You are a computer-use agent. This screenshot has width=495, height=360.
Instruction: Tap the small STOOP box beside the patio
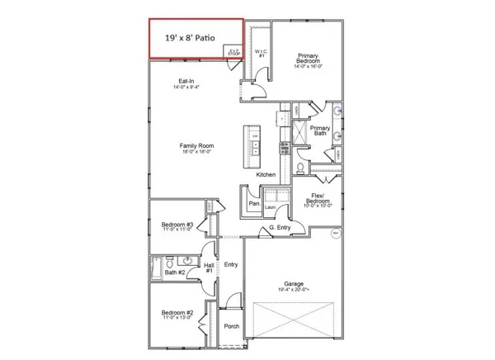pyautogui.click(x=233, y=52)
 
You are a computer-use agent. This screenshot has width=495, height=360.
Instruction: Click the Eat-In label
pyautogui.click(x=184, y=83)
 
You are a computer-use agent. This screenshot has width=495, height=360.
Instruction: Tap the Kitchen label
pyautogui.click(x=266, y=175)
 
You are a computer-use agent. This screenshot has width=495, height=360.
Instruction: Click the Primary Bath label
pyautogui.click(x=319, y=131)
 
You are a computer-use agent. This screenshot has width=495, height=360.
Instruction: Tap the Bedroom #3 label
pyautogui.click(x=177, y=225)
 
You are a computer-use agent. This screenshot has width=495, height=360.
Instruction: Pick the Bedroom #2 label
pyautogui.click(x=177, y=315)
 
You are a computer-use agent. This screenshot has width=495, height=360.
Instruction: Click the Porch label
pyautogui.click(x=232, y=326)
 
